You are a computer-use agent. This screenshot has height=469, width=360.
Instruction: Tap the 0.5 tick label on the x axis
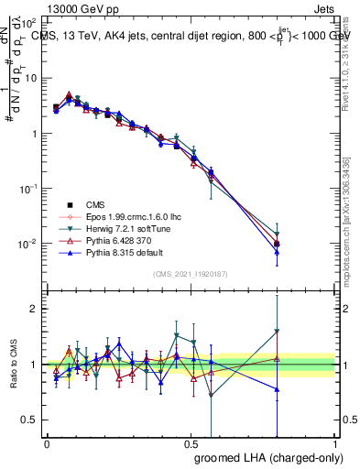click(x=191, y=442)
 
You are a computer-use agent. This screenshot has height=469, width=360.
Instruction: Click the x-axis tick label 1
click(x=336, y=442)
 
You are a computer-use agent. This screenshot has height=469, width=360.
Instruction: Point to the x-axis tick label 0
click(x=47, y=442)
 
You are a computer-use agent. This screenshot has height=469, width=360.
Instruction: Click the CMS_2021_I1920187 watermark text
click(x=191, y=274)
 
